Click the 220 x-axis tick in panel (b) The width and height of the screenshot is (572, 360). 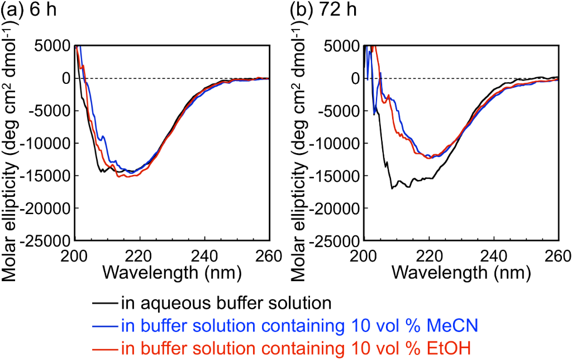click(x=429, y=253)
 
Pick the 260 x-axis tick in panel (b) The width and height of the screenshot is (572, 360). click(x=557, y=253)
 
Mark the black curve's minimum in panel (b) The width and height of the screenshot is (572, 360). click(x=393, y=188)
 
